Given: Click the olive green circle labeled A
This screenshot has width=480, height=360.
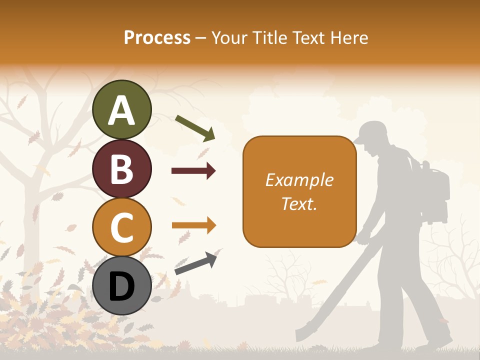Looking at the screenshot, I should click(x=121, y=109).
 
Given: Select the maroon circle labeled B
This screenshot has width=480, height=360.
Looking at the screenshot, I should click(x=121, y=168).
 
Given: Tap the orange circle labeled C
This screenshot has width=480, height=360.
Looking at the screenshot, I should click(x=121, y=227).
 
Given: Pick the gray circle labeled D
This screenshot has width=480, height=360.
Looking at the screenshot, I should click(x=121, y=285).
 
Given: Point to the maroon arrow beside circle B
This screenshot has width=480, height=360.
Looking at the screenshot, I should click(x=193, y=171).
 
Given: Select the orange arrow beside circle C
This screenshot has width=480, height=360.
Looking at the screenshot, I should click(x=193, y=225).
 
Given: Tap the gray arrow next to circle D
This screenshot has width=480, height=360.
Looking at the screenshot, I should click(x=195, y=263).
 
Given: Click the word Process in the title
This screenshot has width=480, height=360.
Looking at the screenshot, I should click(x=157, y=37).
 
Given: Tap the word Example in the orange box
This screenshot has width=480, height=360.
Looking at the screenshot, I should click(x=299, y=180).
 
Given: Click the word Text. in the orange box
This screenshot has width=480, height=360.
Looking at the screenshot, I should click(x=299, y=203).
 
